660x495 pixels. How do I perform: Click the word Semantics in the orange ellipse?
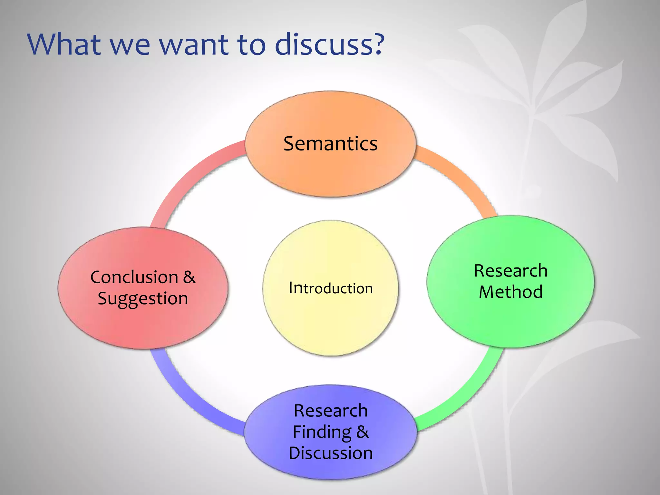(330, 144)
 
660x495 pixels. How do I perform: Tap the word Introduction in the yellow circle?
(331, 288)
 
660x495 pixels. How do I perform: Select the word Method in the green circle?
(510, 292)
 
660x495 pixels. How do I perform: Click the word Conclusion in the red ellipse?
(134, 277)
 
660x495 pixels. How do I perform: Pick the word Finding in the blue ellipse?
(322, 432)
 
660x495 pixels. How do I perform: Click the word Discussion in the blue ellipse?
(331, 453)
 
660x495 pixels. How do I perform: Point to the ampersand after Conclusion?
(189, 277)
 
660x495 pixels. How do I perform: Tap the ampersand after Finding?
(362, 432)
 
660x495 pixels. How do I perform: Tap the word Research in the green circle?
(510, 271)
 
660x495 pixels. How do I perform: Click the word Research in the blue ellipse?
(331, 411)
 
